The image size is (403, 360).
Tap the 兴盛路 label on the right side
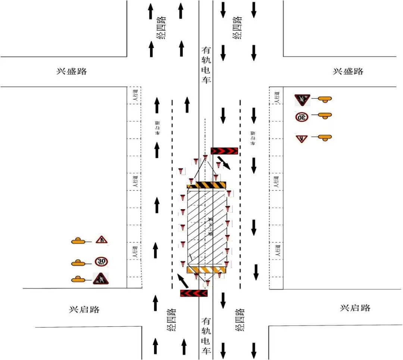(348, 71)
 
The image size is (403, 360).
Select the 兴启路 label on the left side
(84, 310)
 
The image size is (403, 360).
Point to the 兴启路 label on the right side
(355, 308)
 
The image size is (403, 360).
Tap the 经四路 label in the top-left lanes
(161, 28)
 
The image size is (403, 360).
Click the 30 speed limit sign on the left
(101, 261)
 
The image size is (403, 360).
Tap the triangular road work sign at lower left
(101, 279)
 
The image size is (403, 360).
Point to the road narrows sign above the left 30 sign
(101, 240)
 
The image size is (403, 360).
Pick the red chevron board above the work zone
(224, 151)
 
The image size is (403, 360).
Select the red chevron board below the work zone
(194, 294)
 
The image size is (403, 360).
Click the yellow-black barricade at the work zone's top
(206, 185)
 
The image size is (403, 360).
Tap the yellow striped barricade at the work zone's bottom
(206, 270)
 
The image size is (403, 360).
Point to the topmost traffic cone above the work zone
(205, 158)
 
